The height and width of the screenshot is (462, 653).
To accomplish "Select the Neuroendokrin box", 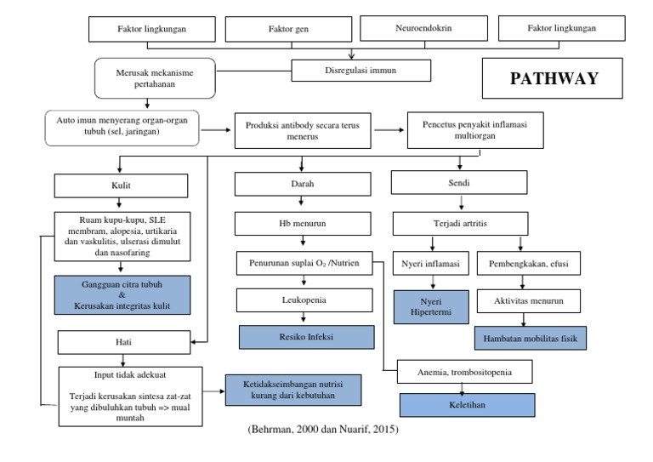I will [423, 28].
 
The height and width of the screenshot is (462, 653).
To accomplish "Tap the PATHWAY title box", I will [554, 79].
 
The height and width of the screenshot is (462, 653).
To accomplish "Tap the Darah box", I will [292, 183].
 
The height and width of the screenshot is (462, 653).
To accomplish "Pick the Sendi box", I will [461, 181].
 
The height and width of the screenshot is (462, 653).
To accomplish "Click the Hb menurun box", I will [292, 224].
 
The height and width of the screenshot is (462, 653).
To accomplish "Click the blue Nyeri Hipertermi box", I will [430, 307].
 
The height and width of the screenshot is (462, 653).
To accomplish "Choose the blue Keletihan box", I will [468, 406].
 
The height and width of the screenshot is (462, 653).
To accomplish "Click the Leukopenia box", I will [292, 300].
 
